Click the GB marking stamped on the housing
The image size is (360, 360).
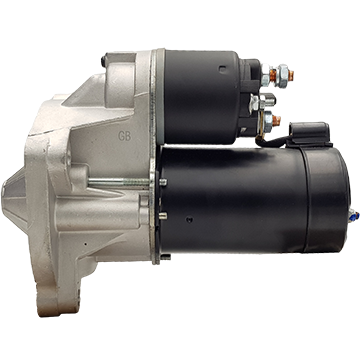coord(125,136)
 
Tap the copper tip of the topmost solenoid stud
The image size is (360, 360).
coord(291,76)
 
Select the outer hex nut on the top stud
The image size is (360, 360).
coord(283,76)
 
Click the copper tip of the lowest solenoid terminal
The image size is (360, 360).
coord(277,120)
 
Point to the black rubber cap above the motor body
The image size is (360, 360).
coord(310,134)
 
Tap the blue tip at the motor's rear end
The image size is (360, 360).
coord(354,216)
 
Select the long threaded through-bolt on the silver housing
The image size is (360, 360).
coord(119,182)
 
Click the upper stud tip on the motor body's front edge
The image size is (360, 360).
coord(163,182)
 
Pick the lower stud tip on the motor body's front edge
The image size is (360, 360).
coord(162,216)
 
